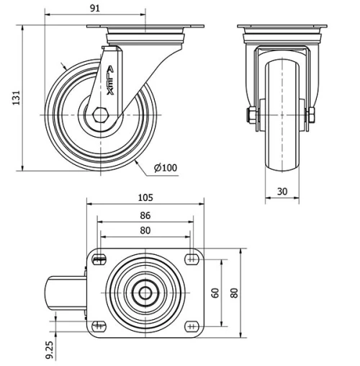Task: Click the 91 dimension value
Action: pyautogui.click(x=95, y=8)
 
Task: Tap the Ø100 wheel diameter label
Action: pyautogui.click(x=166, y=168)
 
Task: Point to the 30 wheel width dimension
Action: pyautogui.click(x=282, y=192)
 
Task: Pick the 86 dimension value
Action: pyautogui.click(x=146, y=215)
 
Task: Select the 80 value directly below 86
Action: pyautogui.click(x=146, y=231)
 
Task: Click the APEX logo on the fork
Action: pyautogui.click(x=110, y=79)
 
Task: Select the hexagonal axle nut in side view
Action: pyautogui.click(x=100, y=114)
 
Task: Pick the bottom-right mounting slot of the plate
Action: pyautogui.click(x=192, y=326)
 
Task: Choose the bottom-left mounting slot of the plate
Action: pyautogui.click(x=99, y=326)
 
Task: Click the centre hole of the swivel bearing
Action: pyautogui.click(x=146, y=293)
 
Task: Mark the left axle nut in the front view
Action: pyautogui.click(x=251, y=115)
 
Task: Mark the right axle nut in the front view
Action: pyautogui.click(x=312, y=115)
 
